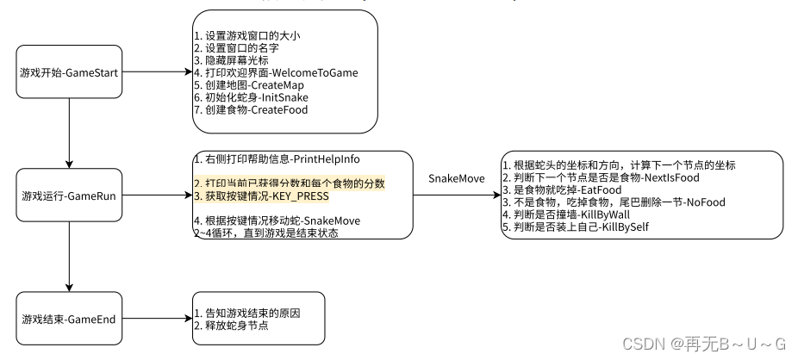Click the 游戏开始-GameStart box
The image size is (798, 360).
(69, 71)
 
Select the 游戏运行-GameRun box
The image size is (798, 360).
(69, 196)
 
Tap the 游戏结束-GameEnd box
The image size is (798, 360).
(69, 319)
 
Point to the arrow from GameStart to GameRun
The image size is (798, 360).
(69, 133)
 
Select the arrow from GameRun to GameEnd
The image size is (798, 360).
(69, 257)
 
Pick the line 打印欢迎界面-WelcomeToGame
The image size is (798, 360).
(276, 72)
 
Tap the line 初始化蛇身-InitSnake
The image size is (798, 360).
(251, 97)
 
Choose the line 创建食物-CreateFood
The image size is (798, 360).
(251, 109)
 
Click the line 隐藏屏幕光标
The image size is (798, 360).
(232, 60)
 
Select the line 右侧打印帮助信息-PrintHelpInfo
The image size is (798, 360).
(277, 159)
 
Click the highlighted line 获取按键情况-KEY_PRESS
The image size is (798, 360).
(261, 196)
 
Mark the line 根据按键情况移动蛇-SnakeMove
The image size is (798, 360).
(277, 220)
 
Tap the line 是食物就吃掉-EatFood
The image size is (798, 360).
(562, 189)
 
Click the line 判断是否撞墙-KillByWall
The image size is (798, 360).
(566, 214)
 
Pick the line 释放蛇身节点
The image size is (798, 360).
(232, 326)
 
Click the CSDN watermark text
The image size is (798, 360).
(704, 344)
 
